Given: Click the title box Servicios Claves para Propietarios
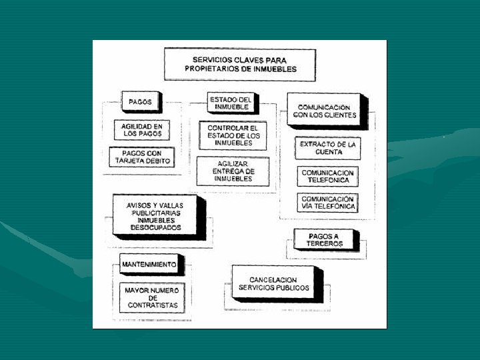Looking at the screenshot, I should click(x=239, y=64).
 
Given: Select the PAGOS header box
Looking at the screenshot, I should click(x=140, y=103).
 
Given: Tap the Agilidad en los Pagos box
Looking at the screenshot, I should click(x=141, y=130).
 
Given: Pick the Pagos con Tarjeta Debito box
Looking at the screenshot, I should click(x=141, y=157).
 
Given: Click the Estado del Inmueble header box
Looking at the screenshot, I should click(x=231, y=103).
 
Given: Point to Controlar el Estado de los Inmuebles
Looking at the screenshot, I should click(x=233, y=135).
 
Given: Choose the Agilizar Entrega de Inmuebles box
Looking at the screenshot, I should click(x=233, y=171).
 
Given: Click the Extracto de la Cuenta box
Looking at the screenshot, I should click(x=327, y=148).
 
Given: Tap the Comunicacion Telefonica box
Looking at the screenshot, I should click(x=327, y=177).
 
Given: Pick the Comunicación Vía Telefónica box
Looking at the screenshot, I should click(x=327, y=203).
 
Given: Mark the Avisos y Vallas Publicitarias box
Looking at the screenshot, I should click(x=155, y=216).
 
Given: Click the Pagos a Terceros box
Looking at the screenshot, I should click(x=325, y=240).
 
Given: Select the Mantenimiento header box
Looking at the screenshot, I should click(x=149, y=265).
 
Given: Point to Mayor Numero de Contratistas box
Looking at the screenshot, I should click(x=151, y=298).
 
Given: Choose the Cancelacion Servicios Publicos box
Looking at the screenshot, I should click(x=273, y=283).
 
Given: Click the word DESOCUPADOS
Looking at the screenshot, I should click(x=155, y=227).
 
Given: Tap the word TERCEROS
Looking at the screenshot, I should click(x=325, y=244).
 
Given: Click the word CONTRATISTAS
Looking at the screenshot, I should click(x=153, y=305).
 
